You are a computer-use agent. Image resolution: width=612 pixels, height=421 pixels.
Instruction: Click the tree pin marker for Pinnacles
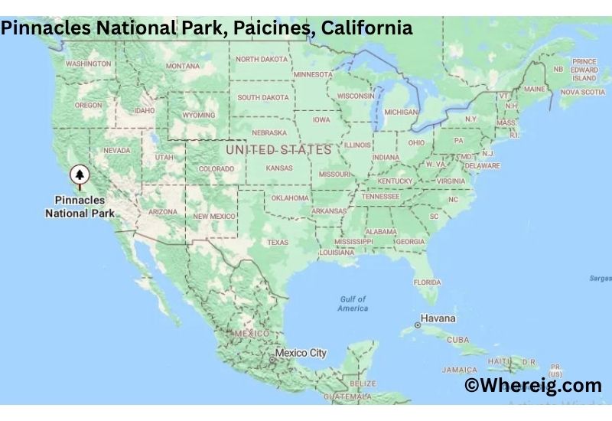[79, 176]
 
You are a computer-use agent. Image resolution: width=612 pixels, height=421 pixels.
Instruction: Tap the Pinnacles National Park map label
[80, 207]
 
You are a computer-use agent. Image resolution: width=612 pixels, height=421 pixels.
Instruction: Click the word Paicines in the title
[278, 28]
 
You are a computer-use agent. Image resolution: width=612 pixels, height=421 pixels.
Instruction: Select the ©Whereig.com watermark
[533, 385]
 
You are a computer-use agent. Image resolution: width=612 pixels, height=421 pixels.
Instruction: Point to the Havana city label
[438, 318]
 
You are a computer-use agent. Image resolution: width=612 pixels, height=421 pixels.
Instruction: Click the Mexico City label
[301, 353]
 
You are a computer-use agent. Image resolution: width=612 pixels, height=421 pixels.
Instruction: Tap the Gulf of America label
[353, 303]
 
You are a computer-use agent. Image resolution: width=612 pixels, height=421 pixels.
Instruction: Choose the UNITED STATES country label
[278, 149]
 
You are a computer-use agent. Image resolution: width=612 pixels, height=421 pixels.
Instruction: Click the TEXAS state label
[278, 242]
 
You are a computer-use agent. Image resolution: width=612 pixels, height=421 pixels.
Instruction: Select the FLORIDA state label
[427, 282]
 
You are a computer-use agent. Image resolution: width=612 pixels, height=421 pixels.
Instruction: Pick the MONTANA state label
[183, 66]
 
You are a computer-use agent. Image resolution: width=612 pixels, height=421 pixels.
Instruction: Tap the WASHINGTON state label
[89, 64]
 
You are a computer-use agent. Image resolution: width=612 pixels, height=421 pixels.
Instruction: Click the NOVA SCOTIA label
[582, 92]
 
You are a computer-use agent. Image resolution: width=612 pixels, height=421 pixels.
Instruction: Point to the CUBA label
[457, 339]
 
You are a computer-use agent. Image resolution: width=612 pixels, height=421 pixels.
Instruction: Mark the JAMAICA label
[459, 370]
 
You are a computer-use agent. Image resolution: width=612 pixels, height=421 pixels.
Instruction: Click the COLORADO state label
[216, 168]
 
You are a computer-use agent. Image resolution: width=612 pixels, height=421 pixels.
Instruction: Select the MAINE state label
[535, 89]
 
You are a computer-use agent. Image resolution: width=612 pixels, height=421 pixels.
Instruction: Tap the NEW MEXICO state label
[214, 217]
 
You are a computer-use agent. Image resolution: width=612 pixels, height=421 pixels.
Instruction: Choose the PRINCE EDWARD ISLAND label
[584, 70]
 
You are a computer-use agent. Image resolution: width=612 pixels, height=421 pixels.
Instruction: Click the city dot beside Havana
[417, 325]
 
